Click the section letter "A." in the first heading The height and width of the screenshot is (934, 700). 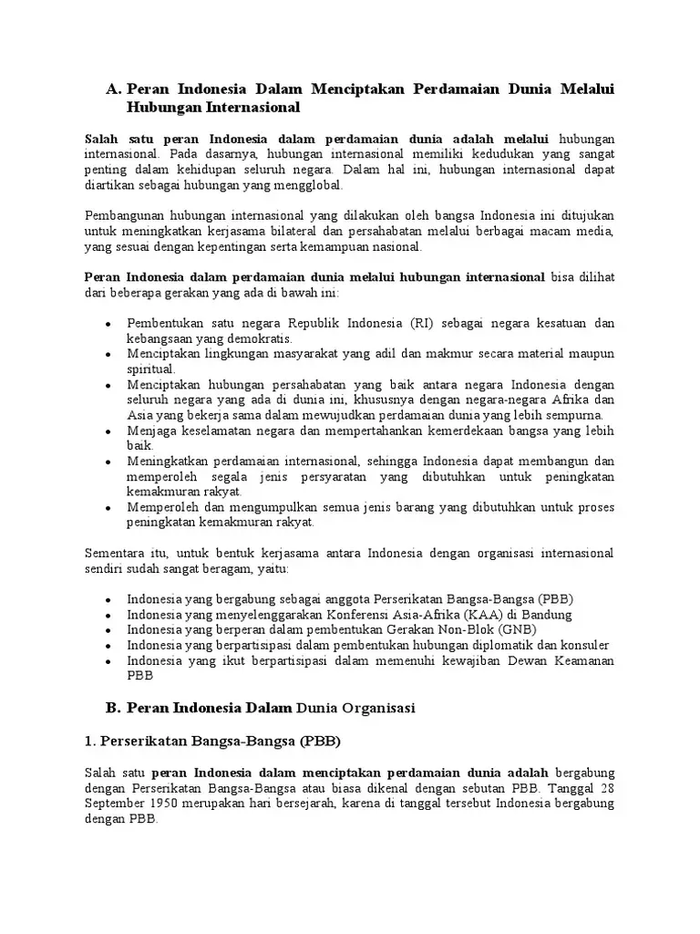point(114,89)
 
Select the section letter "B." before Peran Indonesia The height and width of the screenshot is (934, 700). point(113,708)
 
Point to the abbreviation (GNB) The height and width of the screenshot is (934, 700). point(516,629)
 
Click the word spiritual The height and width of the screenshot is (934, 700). point(150,368)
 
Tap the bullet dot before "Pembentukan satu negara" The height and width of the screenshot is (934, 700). point(108,324)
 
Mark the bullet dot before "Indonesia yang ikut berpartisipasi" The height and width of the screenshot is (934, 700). point(108,660)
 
